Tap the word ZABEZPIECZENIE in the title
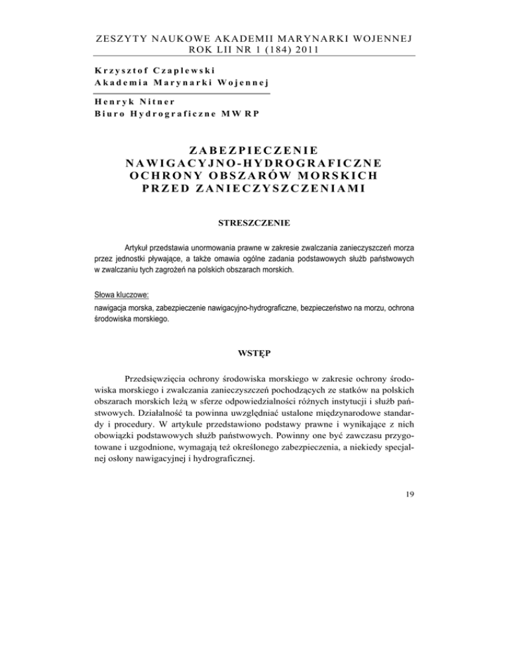[x=254, y=150]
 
